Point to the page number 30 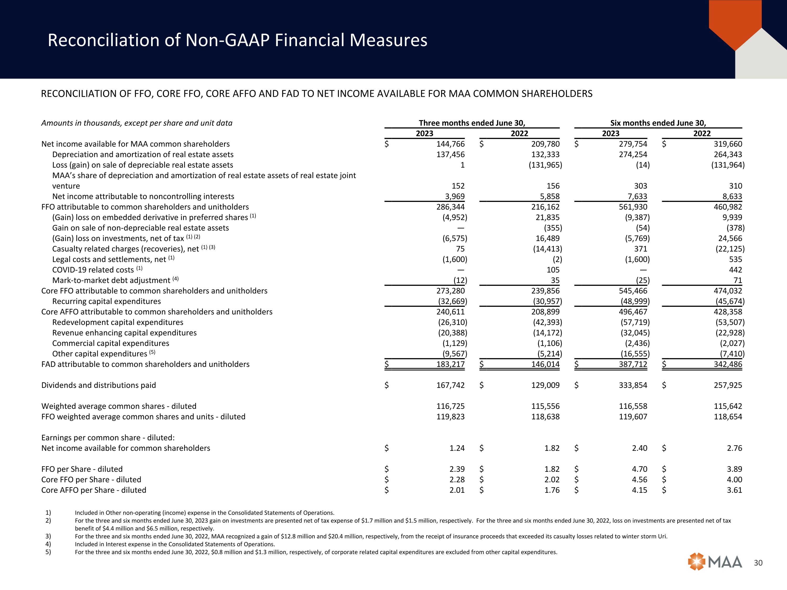[x=758, y=563]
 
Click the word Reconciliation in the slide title [x=103, y=40]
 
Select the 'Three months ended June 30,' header [x=472, y=123]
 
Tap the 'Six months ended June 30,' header [x=658, y=123]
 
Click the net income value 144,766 [x=450, y=144]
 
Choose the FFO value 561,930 [x=633, y=207]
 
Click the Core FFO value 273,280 [x=450, y=291]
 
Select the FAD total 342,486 [x=728, y=364]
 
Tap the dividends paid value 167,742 [x=450, y=385]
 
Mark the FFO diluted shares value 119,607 [x=633, y=417]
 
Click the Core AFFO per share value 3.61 [x=734, y=490]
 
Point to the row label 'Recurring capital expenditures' [x=107, y=301]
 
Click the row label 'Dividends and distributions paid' [x=99, y=385]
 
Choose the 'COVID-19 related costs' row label [x=93, y=270]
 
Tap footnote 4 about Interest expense [x=175, y=544]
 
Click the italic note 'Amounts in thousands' [x=137, y=123]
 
